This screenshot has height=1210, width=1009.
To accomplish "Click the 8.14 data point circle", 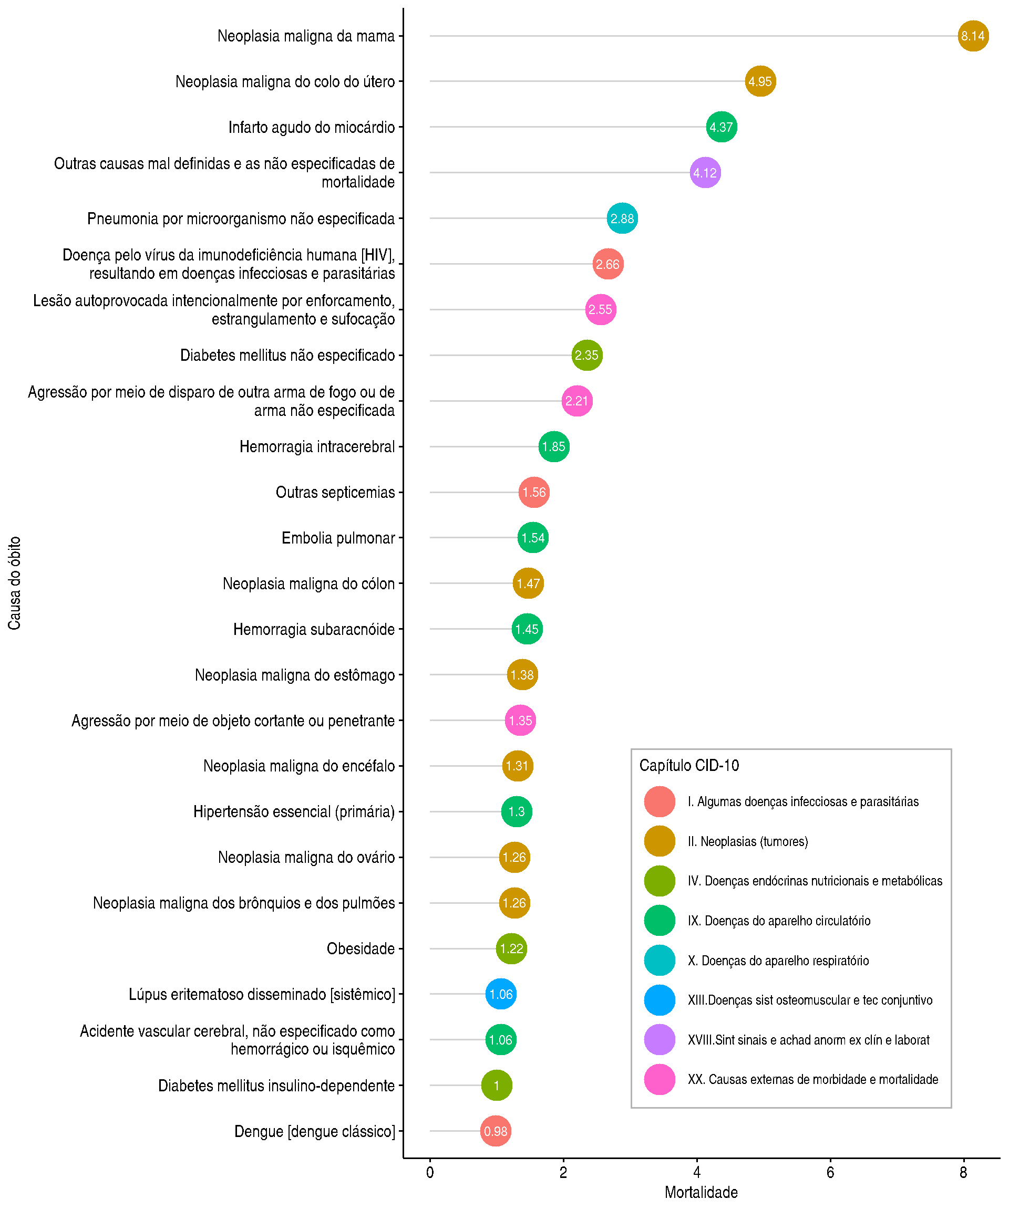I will tap(973, 36).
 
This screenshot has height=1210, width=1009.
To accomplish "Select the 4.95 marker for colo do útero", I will tap(760, 81).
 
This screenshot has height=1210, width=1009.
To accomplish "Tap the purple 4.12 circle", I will tap(705, 172).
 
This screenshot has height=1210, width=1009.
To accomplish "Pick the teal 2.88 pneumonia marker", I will tap(622, 218).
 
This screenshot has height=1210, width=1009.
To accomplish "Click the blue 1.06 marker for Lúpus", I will tap(500, 994).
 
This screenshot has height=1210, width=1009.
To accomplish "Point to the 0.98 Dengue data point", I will tap(495, 1131).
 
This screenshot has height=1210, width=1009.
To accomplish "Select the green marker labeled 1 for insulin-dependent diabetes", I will tap(497, 1086).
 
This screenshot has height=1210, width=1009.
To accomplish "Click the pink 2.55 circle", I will tap(600, 309).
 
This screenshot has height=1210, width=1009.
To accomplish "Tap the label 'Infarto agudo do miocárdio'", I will tap(311, 127).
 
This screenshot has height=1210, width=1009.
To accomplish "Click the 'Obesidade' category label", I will tap(361, 948).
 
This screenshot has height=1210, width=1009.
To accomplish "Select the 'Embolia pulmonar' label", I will tap(338, 538).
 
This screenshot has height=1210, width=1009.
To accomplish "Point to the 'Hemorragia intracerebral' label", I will tap(317, 446).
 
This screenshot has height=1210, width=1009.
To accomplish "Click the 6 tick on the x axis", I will tap(830, 1173).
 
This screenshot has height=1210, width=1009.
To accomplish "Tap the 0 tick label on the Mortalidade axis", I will tap(429, 1173).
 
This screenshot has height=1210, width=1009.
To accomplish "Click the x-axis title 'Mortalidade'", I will tap(701, 1192).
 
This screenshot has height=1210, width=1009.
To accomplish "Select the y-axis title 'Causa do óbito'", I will tap(14, 582).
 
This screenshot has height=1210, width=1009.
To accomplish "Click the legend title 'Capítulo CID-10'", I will tap(689, 765).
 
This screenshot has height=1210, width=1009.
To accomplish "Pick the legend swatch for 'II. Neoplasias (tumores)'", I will tap(660, 841).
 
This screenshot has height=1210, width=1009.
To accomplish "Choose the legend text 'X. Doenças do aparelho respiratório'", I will tap(778, 961).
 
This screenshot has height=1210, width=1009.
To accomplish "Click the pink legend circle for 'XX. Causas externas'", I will tap(660, 1079).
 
